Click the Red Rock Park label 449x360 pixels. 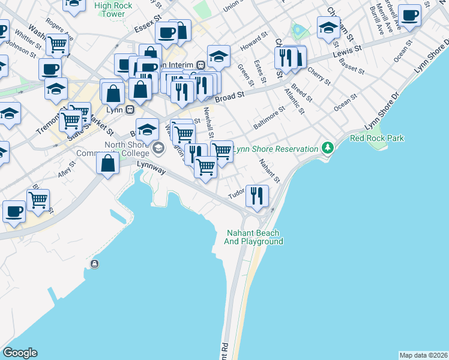(377, 139)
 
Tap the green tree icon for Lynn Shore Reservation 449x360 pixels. (327, 148)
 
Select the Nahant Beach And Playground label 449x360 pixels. (254, 237)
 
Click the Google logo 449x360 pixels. (20, 353)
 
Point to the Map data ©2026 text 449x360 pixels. (423, 355)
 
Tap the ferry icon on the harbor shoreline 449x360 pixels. (94, 263)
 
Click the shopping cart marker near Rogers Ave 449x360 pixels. (57, 44)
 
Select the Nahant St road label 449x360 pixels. (269, 171)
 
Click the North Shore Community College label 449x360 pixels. (127, 153)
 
